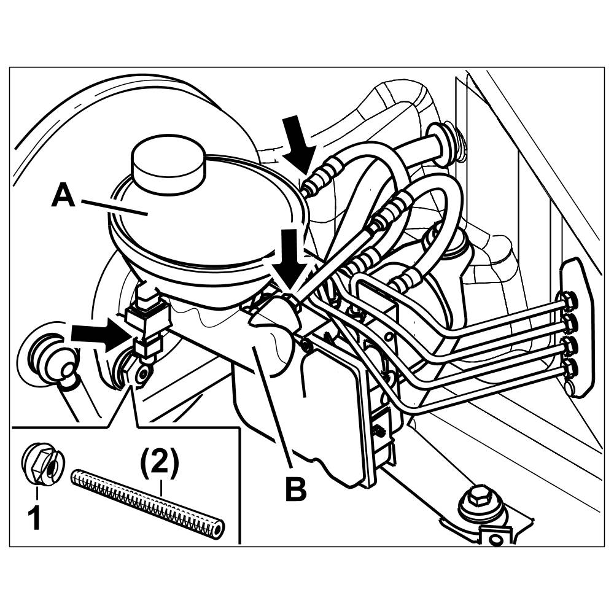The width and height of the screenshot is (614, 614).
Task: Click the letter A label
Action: point(63,198)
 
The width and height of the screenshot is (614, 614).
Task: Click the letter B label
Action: point(295,489)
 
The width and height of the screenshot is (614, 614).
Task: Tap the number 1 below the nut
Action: point(36,518)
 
